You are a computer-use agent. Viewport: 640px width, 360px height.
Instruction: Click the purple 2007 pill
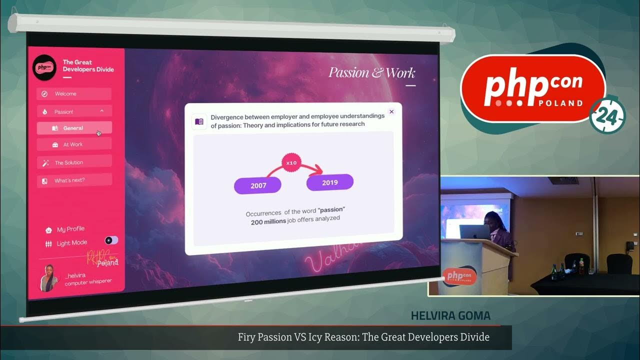pyautogui.click(x=258, y=185)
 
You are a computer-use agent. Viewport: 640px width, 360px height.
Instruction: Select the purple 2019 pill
pyautogui.click(x=330, y=182)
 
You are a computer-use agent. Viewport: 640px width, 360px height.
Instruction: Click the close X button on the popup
pyautogui.click(x=391, y=111)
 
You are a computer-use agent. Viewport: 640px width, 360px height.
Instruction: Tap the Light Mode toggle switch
pyautogui.click(x=111, y=241)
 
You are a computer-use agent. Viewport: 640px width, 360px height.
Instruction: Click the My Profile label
pyautogui.click(x=70, y=229)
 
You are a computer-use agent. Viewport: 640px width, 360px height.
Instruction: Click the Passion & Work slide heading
pyautogui.click(x=371, y=73)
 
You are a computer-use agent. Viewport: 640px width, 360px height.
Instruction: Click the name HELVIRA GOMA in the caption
pyautogui.click(x=450, y=316)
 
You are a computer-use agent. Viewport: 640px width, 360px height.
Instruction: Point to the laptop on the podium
pyautogui.click(x=474, y=232)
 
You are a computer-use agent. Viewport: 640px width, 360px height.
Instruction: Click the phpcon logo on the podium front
pyautogui.click(x=459, y=276)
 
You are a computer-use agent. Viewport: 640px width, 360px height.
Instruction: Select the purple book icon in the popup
pyautogui.click(x=199, y=121)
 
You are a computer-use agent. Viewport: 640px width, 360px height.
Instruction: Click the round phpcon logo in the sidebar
pyautogui.click(x=44, y=67)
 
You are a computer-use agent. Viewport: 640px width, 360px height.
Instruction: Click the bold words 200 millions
pyautogui.click(x=268, y=221)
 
